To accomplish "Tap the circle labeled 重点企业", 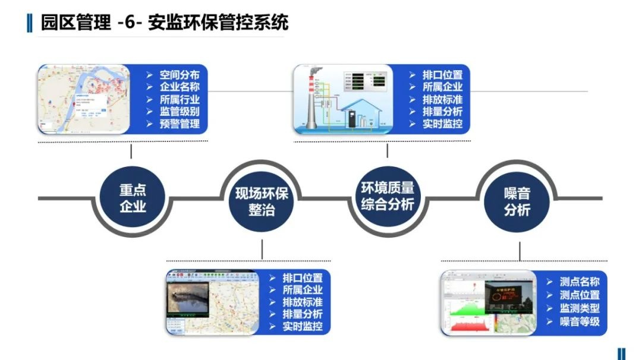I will click(x=133, y=198).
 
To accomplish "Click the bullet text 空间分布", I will click(x=179, y=75).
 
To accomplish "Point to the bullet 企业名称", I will click(x=179, y=87).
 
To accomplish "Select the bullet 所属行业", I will click(x=179, y=99).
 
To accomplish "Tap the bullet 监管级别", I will click(x=179, y=112).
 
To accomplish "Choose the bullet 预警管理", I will click(x=179, y=124).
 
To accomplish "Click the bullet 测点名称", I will click(x=579, y=282).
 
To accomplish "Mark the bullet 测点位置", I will click(x=579, y=295).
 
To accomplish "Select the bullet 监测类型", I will click(x=579, y=308).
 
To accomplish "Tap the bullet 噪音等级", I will click(x=579, y=322).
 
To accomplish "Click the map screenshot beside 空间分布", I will click(x=83, y=99).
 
